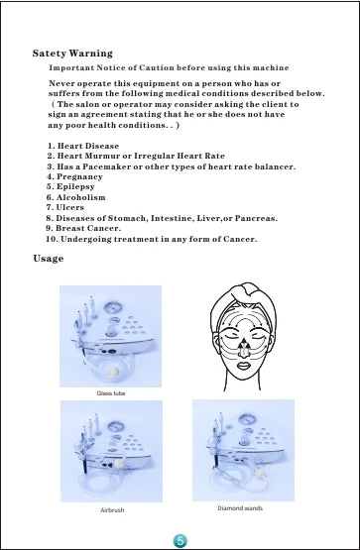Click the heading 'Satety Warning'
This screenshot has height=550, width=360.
pos(72,53)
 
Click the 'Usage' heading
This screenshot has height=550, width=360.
pos(48,259)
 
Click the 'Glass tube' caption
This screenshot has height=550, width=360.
pos(110,393)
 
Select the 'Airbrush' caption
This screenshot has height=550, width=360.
pos(112,509)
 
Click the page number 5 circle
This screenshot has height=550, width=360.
pos(180,538)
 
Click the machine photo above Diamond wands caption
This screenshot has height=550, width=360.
pos(242,449)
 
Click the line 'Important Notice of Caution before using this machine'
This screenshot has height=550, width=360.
pos(170,66)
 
